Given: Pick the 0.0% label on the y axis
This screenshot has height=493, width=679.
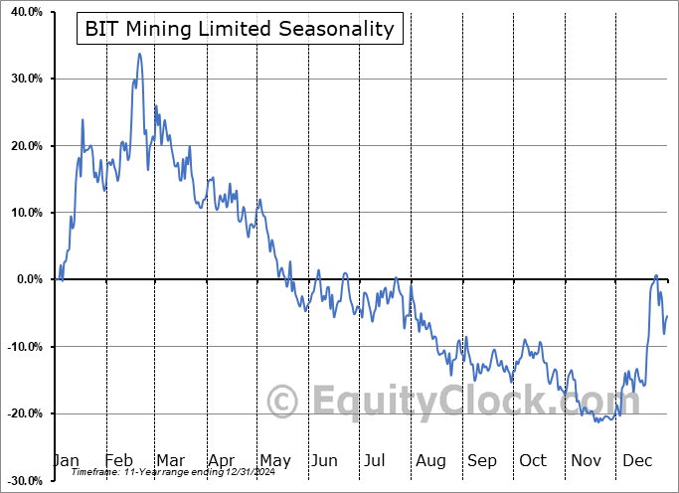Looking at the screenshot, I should tap(25, 279).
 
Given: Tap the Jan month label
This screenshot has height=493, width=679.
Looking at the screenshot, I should tap(66, 460).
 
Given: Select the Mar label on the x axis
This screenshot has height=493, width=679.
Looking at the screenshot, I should tap(170, 460).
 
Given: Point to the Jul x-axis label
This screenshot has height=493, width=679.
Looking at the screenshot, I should tap(376, 460).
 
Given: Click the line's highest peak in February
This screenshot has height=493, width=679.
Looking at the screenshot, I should tap(139, 54).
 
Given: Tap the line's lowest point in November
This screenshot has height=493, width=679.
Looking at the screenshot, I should tap(597, 421).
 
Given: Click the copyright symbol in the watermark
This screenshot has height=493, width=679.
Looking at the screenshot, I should tap(284, 403).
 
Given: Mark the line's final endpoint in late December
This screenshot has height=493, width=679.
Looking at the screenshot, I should tap(667, 316).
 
